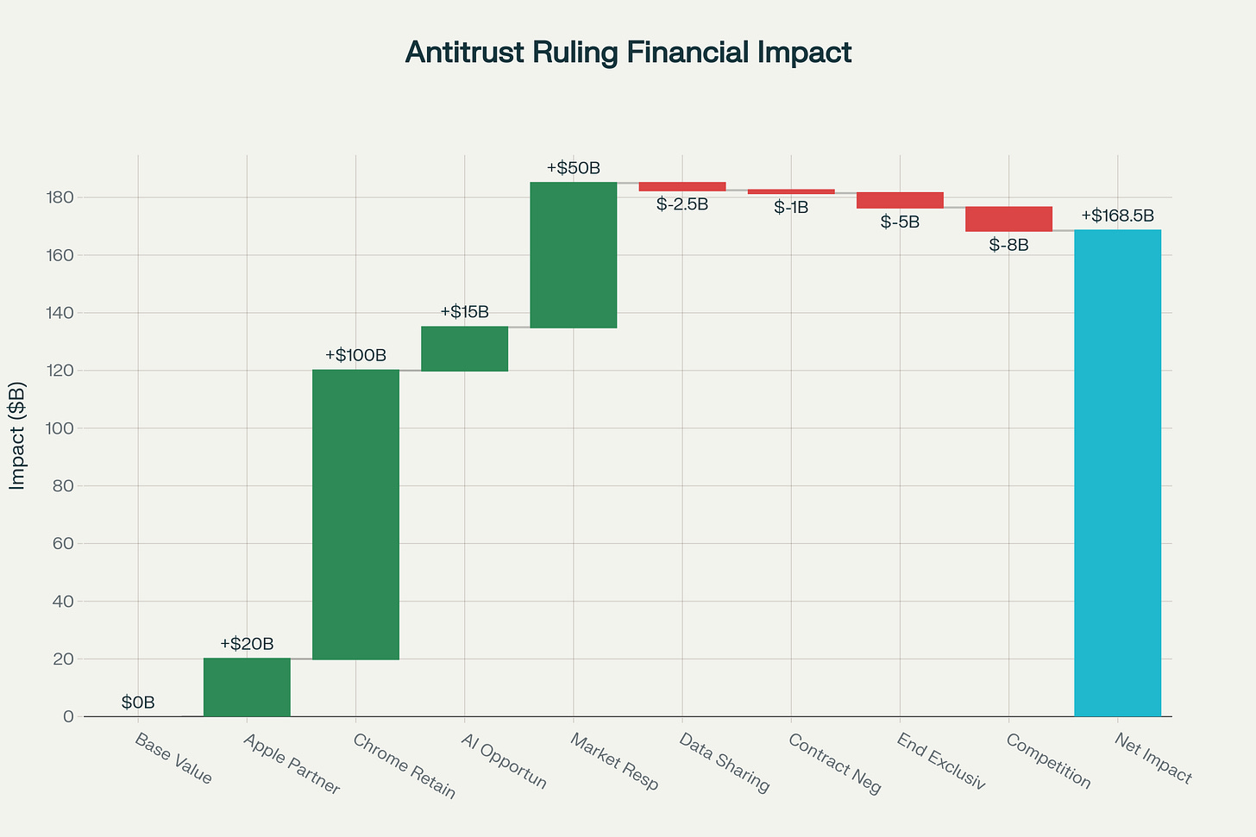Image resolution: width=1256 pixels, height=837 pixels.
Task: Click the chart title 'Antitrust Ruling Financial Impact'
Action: click(x=628, y=53)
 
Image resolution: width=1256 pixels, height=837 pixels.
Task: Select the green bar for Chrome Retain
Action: click(x=355, y=515)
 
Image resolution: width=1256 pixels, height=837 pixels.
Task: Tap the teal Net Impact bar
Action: click(x=1117, y=472)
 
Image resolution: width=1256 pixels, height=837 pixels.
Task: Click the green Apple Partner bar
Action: click(x=247, y=687)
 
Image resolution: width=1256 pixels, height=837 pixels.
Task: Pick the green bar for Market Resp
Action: click(x=573, y=255)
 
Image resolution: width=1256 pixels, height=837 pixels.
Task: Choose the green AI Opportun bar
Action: click(x=464, y=348)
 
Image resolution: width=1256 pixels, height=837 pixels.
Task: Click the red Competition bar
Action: click(x=1008, y=219)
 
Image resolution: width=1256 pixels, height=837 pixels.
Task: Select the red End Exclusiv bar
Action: click(x=900, y=200)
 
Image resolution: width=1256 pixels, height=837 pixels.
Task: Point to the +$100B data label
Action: click(x=355, y=355)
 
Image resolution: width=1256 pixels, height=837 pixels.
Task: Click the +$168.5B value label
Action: click(x=1117, y=215)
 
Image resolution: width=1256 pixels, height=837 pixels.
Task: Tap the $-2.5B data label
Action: click(x=681, y=205)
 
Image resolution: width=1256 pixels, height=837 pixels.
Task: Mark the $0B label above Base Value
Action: click(x=138, y=703)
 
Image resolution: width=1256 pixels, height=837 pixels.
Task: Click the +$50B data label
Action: click(x=573, y=168)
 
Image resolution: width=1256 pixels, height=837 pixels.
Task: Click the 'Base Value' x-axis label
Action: click(x=173, y=758)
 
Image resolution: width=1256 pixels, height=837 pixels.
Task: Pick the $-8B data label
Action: click(x=1008, y=245)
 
